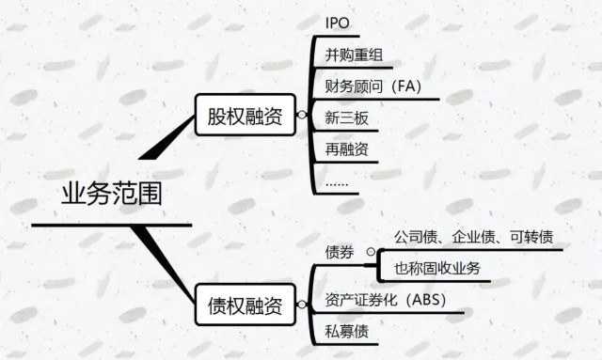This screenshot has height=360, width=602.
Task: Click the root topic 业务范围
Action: click(x=111, y=194)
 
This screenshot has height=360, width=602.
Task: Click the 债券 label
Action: click(x=339, y=251)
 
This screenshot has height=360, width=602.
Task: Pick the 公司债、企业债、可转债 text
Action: click(x=472, y=235)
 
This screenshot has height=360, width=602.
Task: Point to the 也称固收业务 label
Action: click(x=436, y=269)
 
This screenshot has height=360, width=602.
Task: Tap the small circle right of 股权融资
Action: click(x=301, y=116)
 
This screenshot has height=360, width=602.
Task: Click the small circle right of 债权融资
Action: click(x=301, y=305)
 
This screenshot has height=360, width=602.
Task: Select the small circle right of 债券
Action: click(x=370, y=251)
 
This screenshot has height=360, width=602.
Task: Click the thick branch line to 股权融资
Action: click(x=169, y=141)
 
